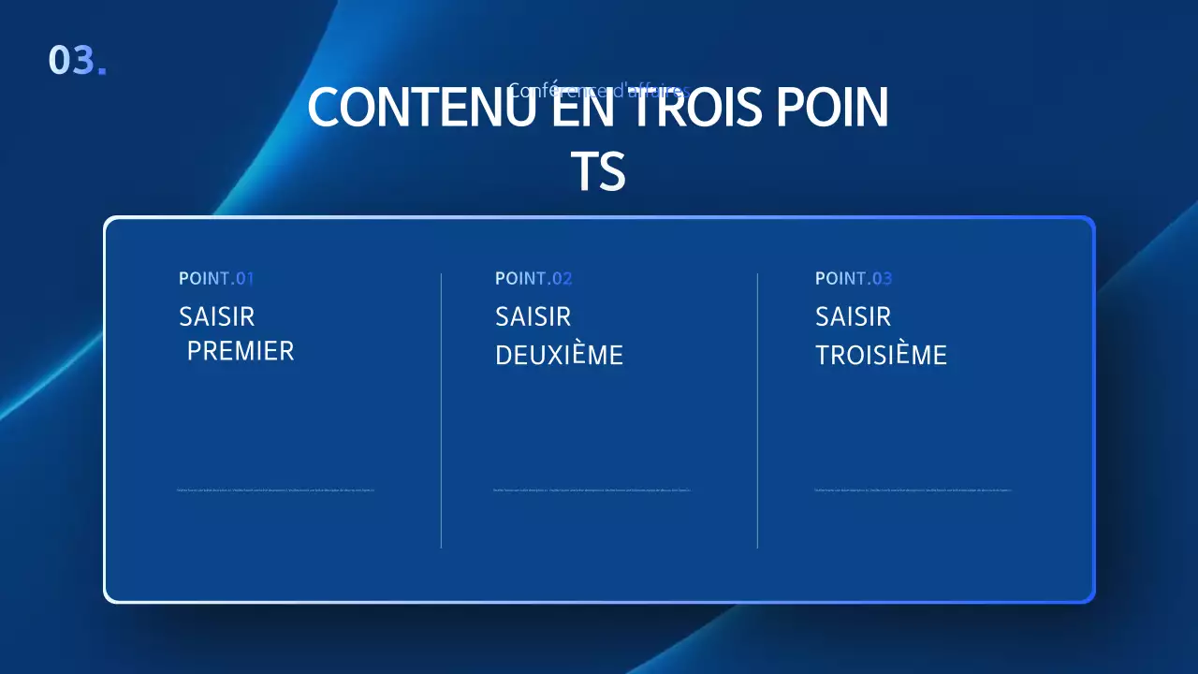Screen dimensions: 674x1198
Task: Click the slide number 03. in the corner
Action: click(77, 60)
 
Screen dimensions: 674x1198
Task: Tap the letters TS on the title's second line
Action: click(598, 172)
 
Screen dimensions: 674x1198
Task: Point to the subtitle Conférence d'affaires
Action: click(599, 90)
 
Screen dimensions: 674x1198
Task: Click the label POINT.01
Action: click(216, 278)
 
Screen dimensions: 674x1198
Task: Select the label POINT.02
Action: click(533, 278)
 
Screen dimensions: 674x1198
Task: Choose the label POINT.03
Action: click(854, 278)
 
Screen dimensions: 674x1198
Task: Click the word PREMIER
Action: click(241, 351)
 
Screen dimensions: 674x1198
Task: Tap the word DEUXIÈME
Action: click(559, 356)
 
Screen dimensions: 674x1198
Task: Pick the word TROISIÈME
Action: click(881, 356)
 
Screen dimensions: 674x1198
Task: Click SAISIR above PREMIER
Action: click(216, 316)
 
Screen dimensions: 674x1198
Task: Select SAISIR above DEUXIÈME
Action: click(533, 316)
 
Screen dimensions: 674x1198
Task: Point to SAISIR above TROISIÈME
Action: click(853, 316)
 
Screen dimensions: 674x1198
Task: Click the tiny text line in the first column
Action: click(275, 490)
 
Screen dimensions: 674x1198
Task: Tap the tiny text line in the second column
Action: click(592, 490)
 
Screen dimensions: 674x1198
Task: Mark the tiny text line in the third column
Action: click(913, 490)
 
